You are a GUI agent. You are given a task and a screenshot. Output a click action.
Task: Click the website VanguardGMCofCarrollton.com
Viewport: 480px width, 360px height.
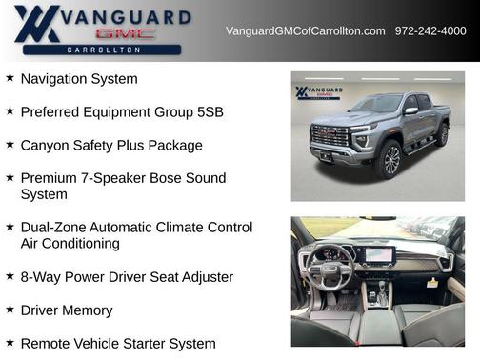point(305,31)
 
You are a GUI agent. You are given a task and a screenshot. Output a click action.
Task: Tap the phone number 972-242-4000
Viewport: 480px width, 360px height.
point(430,31)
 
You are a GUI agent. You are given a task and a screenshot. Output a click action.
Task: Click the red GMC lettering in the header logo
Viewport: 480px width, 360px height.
point(125,33)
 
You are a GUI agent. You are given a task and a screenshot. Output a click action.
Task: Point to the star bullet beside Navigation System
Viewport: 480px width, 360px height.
point(10,78)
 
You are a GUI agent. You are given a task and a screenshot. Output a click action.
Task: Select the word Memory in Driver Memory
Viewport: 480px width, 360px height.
point(88,310)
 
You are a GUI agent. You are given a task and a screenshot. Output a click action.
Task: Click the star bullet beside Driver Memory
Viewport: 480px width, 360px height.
point(10,310)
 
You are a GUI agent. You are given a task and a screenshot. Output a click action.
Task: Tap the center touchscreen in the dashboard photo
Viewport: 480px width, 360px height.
point(379,254)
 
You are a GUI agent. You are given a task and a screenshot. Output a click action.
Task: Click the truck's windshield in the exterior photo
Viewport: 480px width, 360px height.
point(375,104)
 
